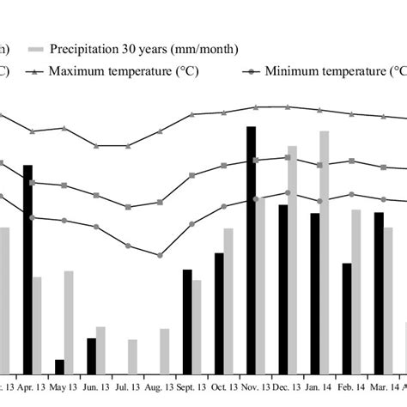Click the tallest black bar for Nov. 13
pos(251,249)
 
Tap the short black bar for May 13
pos(59,367)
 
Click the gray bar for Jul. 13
pos(132,356)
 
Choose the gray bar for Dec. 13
pos(293,259)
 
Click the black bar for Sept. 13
pos(186,321)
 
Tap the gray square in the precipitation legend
pos(34,49)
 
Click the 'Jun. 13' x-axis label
pos(94,389)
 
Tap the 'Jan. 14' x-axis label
pos(319,389)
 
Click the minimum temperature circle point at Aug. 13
pos(160,255)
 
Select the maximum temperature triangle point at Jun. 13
pos(96,145)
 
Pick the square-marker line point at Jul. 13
pos(128,206)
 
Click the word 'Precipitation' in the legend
pos(82,49)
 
